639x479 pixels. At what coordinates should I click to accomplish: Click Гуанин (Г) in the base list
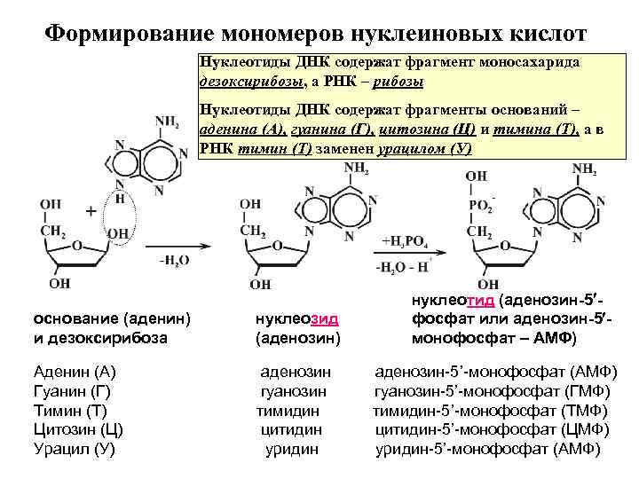[69, 391]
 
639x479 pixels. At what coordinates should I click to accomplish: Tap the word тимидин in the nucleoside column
[288, 411]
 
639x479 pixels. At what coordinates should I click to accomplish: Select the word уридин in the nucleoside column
[292, 449]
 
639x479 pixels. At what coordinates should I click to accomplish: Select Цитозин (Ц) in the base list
[77, 429]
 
